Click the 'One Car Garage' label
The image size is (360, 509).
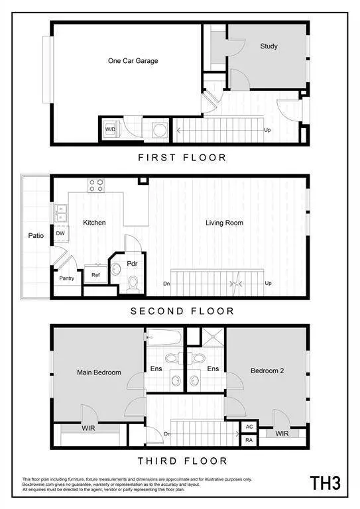point(133,61)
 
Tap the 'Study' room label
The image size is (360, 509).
point(269,46)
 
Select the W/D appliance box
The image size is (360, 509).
point(110,129)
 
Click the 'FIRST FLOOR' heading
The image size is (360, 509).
point(182,158)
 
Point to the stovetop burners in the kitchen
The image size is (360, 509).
point(95,185)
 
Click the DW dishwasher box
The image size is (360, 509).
point(60,233)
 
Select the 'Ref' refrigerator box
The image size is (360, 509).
point(95,274)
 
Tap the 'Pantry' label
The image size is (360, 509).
point(66,278)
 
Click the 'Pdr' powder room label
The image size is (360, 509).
point(132,262)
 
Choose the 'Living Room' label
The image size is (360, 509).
point(223,223)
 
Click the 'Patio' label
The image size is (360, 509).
point(36,235)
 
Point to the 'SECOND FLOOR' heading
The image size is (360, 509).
point(182,311)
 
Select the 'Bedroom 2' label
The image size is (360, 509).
point(267,371)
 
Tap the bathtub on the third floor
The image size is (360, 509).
point(165,336)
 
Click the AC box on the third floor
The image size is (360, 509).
point(249,427)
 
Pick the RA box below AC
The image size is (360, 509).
point(249,440)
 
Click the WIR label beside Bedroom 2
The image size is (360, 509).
point(281,434)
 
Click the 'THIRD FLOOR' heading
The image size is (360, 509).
point(182,461)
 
